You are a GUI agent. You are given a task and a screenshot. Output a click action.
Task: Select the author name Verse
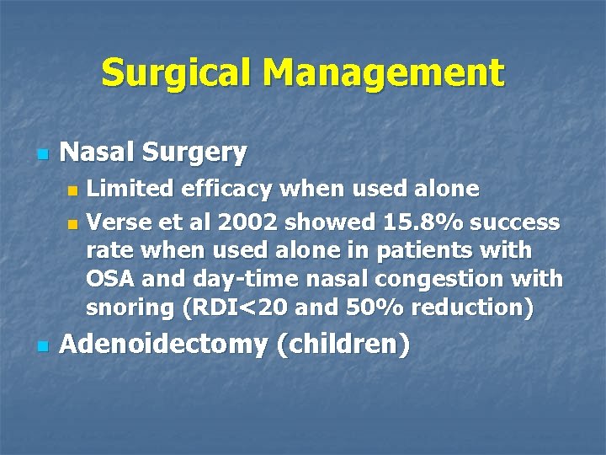click(x=115, y=222)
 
